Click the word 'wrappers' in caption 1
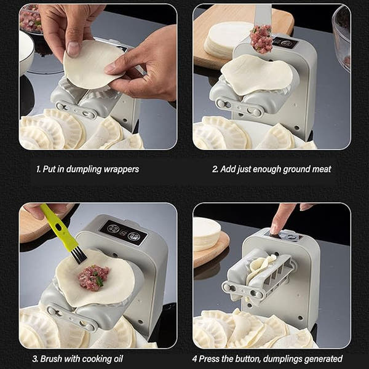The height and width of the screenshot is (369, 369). [121, 169]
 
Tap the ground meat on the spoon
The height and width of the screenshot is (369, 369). [261, 38]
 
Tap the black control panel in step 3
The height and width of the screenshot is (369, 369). [124, 233]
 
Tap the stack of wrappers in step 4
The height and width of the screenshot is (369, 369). [206, 234]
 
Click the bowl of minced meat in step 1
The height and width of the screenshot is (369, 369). [30, 18]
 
